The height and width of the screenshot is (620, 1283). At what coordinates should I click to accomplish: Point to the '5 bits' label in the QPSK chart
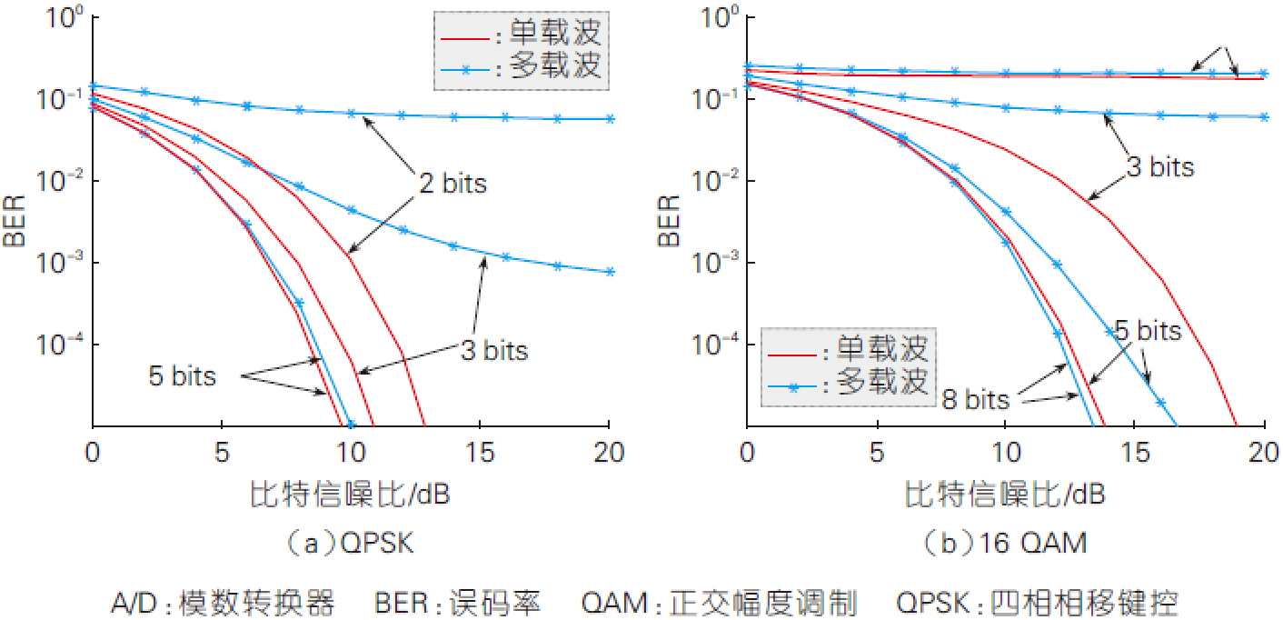click(183, 375)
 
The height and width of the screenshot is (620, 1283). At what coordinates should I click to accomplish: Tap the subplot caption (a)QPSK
click(350, 545)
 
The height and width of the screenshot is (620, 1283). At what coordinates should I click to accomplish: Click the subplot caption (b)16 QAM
click(1004, 545)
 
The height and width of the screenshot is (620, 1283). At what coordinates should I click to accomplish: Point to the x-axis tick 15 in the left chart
click(480, 452)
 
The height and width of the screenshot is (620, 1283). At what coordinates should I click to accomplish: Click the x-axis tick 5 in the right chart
click(875, 452)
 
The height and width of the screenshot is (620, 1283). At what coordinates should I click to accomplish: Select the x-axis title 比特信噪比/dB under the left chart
click(350, 495)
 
